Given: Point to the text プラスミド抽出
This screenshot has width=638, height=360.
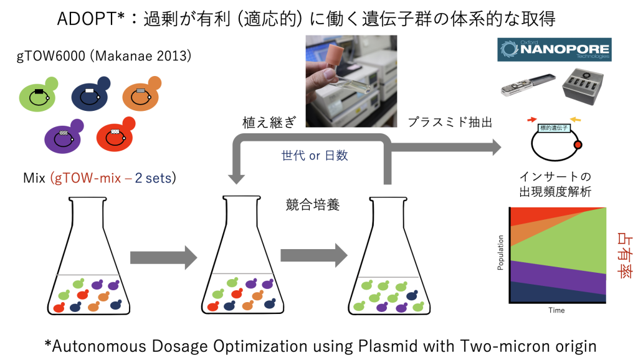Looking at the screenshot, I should [x=449, y=123].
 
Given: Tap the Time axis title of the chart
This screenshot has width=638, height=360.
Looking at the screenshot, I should [x=556, y=310].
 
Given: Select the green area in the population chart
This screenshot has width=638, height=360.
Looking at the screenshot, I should [x=561, y=243].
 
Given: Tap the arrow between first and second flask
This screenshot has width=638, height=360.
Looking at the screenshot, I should [x=163, y=256].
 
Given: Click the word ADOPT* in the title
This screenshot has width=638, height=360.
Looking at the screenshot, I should [x=93, y=19].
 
